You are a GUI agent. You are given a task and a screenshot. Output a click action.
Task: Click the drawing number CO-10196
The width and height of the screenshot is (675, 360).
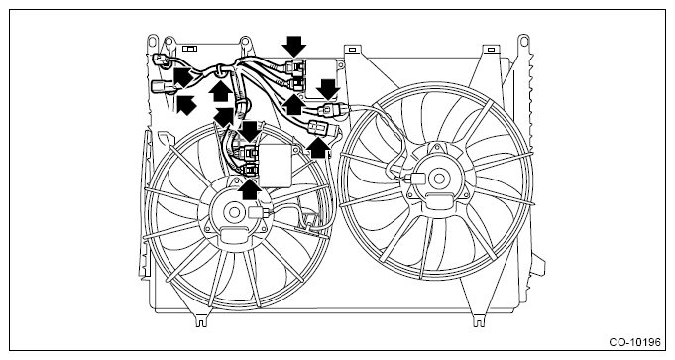pyautogui.click(x=634, y=342)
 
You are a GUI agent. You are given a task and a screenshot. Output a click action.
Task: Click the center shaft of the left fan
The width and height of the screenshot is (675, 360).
pyautogui.click(x=235, y=212)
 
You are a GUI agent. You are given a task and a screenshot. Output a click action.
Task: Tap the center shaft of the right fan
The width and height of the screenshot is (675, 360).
pyautogui.click(x=439, y=179)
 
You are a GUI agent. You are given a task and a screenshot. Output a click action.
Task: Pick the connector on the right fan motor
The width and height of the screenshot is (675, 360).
pyautogui.click(x=416, y=179)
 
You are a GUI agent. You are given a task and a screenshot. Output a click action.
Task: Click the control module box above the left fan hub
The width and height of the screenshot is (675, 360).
pyautogui.click(x=275, y=166)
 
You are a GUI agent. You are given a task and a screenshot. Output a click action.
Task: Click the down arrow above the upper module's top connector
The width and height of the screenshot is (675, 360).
pyautogui.click(x=294, y=46)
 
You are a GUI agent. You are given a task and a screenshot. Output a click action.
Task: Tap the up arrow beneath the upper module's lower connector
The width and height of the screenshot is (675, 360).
pyautogui.click(x=294, y=105)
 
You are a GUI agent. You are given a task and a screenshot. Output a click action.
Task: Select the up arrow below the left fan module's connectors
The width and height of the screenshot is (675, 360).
pyautogui.click(x=249, y=188)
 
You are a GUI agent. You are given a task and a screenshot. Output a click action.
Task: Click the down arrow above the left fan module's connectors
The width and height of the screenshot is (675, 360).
pyautogui.click(x=250, y=132)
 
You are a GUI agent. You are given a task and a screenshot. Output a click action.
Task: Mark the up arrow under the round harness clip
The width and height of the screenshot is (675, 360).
pyautogui.click(x=220, y=91)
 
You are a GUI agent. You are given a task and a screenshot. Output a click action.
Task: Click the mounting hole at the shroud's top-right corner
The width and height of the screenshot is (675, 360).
pyautogui.click(x=523, y=40)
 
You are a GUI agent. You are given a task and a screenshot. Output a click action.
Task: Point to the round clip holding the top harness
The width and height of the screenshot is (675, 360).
pyautogui.click(x=220, y=72)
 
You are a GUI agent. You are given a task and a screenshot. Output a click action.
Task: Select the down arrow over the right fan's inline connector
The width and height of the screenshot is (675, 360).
pyautogui.click(x=328, y=89)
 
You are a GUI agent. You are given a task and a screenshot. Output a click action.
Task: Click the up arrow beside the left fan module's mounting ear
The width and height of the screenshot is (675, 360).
pyautogui.click(x=318, y=149)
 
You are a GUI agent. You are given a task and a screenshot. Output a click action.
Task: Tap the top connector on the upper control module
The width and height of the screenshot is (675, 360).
pyautogui.click(x=295, y=67)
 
